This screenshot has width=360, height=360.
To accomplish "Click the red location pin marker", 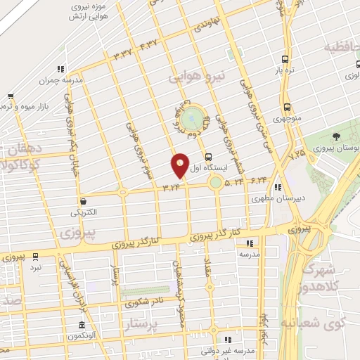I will [x=180, y=165].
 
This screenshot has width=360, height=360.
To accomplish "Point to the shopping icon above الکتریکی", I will [x=84, y=200].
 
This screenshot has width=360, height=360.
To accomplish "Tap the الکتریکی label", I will [x=84, y=212].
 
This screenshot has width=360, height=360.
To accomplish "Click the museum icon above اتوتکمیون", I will [x=82, y=326].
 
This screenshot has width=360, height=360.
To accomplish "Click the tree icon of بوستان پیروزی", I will [x=336, y=137].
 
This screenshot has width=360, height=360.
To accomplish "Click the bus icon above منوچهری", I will [x=287, y=107].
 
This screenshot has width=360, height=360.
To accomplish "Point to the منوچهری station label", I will [x=287, y=119].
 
